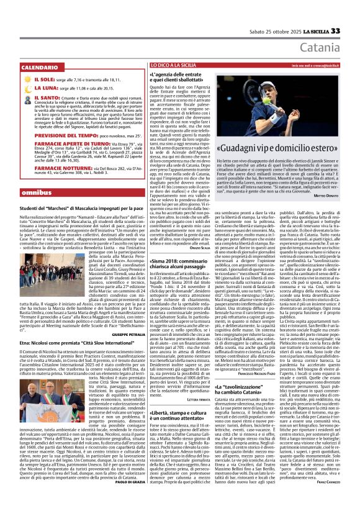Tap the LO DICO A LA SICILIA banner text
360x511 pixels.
point(175,65)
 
